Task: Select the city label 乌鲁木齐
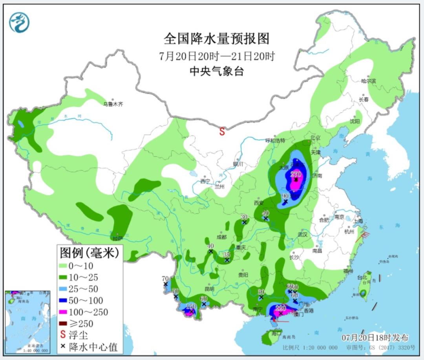[113, 105]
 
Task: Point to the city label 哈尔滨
[368, 81]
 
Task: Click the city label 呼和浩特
[275, 140]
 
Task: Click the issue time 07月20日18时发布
[375, 338]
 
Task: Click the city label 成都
[221, 237]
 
